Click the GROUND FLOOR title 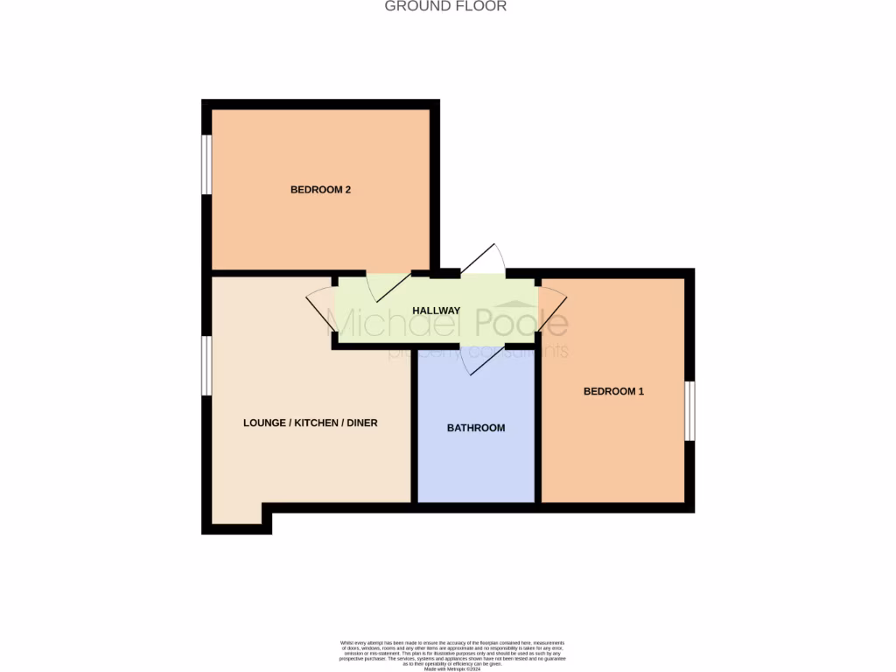coord(446,6)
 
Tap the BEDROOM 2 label coord(320,189)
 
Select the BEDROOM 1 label coord(613,391)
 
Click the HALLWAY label coord(437,311)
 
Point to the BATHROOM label coord(476,428)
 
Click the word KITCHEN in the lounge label coord(318,423)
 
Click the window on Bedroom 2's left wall coord(207,164)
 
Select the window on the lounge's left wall coord(207,365)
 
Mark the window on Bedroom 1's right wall coord(689,411)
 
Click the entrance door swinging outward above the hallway coord(483,259)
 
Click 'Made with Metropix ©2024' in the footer coord(447,669)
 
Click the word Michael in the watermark coord(399,323)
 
